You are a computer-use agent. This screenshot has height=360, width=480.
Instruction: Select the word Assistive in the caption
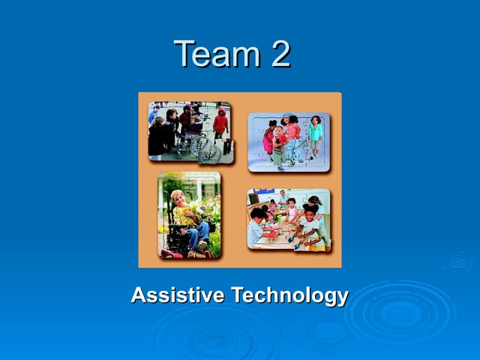click(177, 295)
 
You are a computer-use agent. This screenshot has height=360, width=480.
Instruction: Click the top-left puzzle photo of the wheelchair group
click(190, 133)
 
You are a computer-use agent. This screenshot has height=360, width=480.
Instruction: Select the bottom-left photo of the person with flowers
click(189, 215)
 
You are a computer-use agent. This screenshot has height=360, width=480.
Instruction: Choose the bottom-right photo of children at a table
click(289, 220)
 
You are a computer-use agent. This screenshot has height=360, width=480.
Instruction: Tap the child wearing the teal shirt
click(316, 131)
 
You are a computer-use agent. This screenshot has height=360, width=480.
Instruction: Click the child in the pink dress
click(268, 138)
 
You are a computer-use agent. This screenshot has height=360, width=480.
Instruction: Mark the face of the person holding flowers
click(178, 198)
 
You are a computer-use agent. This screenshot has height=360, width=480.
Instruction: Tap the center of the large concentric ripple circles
click(401, 313)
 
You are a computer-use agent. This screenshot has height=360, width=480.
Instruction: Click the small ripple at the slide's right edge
click(457, 262)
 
